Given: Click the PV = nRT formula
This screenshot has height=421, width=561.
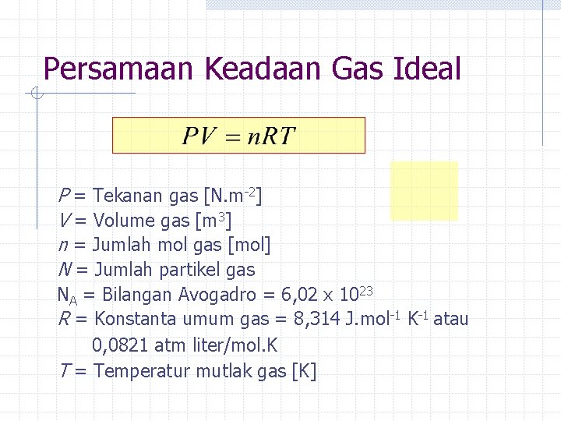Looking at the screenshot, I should pos(239,136).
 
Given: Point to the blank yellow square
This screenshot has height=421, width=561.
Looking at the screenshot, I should pos(424,191).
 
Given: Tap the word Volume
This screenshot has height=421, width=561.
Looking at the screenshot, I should pos(124,221).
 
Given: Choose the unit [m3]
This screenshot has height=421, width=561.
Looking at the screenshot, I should pos(213,221).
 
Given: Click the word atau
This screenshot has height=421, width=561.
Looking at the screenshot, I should pos(451,319).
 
